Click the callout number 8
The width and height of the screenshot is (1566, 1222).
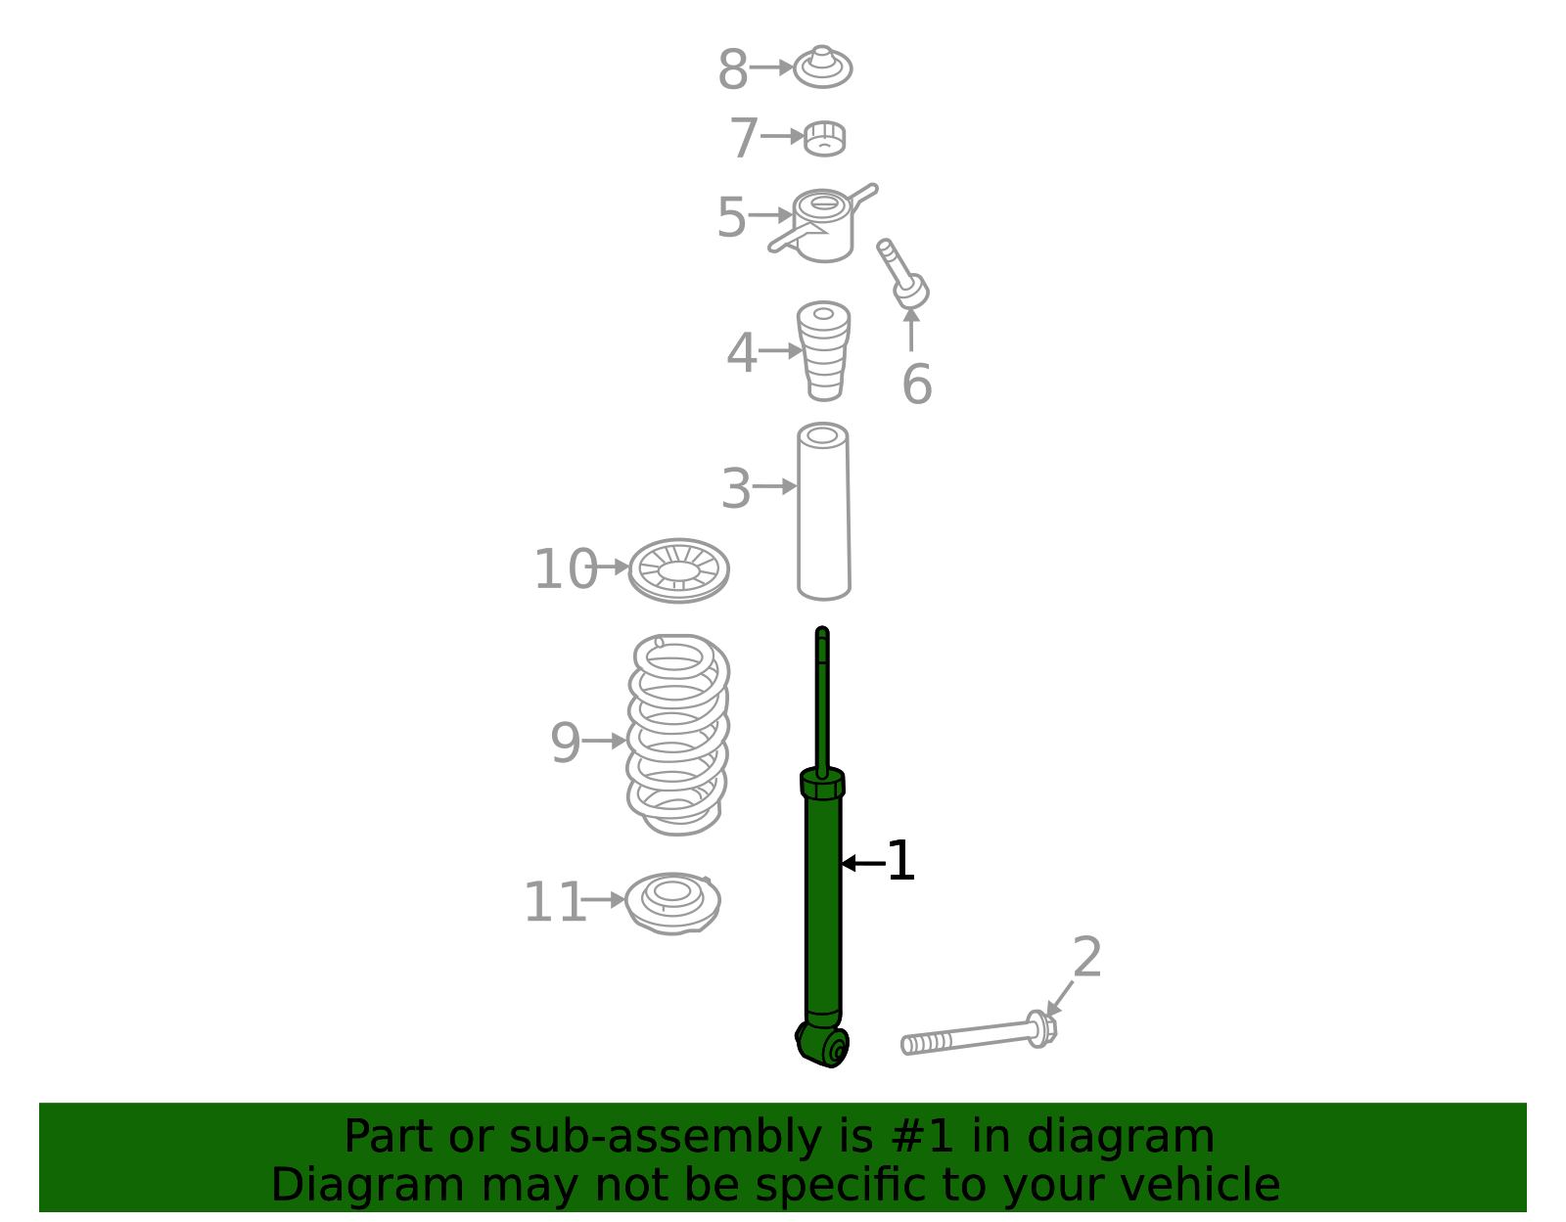(x=732, y=70)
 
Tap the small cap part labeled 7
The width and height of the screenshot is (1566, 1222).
(x=824, y=139)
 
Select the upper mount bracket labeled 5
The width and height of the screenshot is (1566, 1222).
(x=823, y=225)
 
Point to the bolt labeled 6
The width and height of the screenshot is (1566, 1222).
(x=903, y=274)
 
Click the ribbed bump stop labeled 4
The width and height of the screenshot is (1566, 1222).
(x=823, y=350)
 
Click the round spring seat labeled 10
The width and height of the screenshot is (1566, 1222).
(x=678, y=570)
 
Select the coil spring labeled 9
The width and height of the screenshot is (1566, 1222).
(x=677, y=734)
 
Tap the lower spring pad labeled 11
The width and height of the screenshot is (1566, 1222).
(x=672, y=902)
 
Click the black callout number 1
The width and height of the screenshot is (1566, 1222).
(x=899, y=861)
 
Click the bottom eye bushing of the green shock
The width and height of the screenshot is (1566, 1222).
(x=824, y=1046)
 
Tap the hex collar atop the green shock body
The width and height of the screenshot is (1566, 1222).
(x=822, y=784)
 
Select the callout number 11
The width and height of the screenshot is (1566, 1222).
(x=554, y=902)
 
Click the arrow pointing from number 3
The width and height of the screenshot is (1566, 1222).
(x=776, y=486)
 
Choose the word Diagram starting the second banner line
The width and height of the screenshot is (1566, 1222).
(x=327, y=1185)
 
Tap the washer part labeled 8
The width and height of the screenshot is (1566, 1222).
(x=822, y=67)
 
